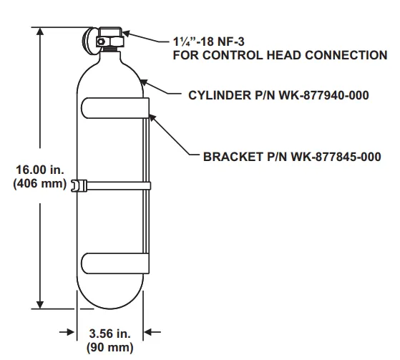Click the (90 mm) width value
(109, 349)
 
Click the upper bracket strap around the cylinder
(114, 109)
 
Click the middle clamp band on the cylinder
(114, 186)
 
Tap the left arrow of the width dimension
(69, 332)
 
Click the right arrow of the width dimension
(151, 332)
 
